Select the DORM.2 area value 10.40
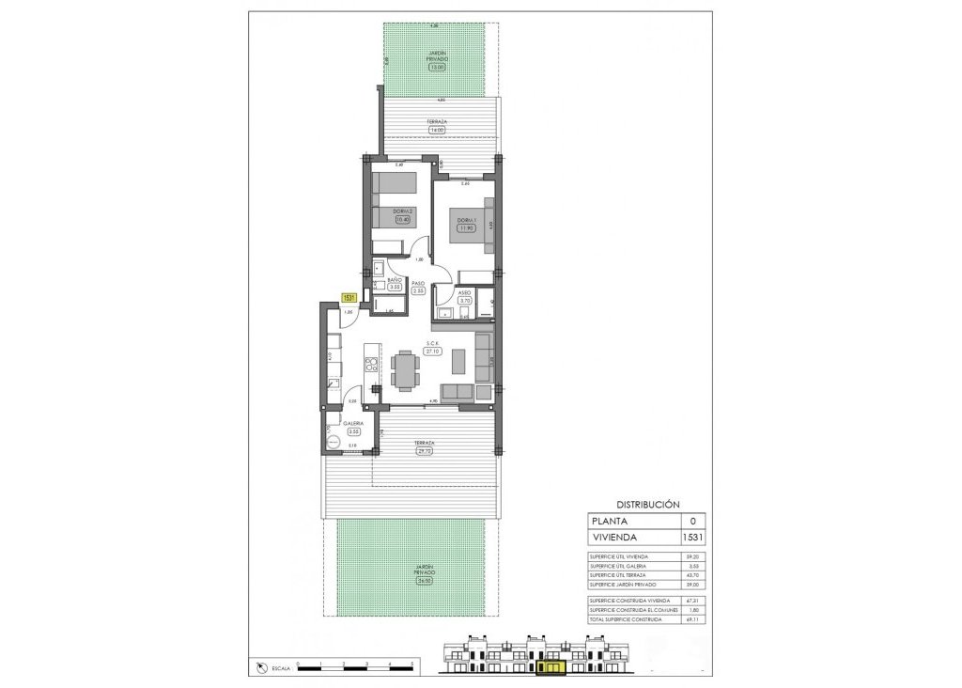click(x=405, y=219)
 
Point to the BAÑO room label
click(x=396, y=281)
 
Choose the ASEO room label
click(x=464, y=292)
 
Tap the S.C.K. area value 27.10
click(x=433, y=351)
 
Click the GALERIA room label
click(x=353, y=424)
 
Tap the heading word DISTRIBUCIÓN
click(x=647, y=505)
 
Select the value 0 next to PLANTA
click(x=692, y=521)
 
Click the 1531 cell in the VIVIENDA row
click(x=692, y=538)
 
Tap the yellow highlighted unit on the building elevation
click(x=551, y=667)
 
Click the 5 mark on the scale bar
click(x=412, y=665)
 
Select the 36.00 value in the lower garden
click(x=412, y=581)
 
